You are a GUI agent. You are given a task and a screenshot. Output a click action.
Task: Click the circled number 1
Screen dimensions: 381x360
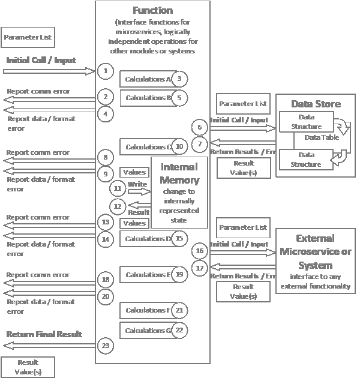point(105,71)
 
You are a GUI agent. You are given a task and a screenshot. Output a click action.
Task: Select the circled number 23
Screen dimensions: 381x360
point(105,345)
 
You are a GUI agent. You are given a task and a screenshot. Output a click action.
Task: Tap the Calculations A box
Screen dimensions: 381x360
point(146,79)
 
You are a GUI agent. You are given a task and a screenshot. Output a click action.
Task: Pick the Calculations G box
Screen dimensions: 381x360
point(146,330)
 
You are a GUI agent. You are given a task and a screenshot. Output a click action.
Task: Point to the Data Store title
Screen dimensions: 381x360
point(316,104)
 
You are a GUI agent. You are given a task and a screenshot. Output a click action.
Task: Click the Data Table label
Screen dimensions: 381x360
point(322,137)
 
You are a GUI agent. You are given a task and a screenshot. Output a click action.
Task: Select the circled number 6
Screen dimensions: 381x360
point(200,127)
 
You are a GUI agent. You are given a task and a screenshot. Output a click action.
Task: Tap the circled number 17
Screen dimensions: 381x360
point(200,268)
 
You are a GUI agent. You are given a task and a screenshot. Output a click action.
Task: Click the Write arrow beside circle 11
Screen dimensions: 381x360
point(137,192)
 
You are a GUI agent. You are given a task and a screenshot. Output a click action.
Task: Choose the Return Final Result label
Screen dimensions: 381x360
point(44,334)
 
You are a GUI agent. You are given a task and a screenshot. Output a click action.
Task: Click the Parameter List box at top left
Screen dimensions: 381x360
point(28,37)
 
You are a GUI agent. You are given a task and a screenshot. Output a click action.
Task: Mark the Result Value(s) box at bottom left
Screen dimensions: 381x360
point(28,367)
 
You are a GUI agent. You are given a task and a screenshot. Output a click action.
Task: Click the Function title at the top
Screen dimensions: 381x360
point(152,10)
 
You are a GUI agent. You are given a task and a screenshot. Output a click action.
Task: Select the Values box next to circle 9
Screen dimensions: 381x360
point(134,173)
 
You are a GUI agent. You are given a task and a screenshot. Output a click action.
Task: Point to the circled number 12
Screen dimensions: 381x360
point(118,206)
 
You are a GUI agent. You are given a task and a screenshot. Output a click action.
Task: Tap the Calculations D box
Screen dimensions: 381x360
point(146,239)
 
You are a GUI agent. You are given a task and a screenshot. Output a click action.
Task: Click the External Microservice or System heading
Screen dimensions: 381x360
point(316,251)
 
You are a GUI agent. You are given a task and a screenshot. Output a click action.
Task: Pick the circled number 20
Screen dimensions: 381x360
point(105,296)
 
